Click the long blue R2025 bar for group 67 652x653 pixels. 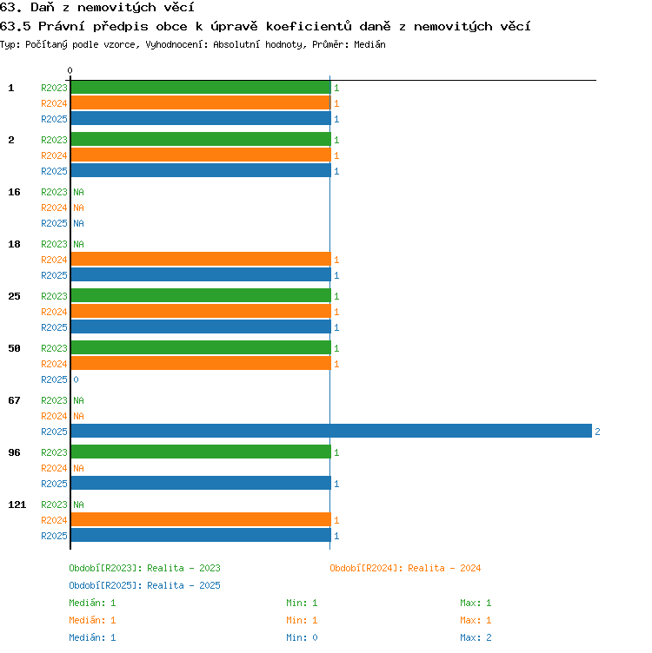tap(331, 431)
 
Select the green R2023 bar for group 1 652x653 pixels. tap(201, 87)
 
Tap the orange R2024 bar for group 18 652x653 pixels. tap(201, 259)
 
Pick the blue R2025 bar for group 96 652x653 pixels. tap(201, 483)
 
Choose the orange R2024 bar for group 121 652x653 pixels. tap(201, 519)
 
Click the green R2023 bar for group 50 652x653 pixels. tap(201, 347)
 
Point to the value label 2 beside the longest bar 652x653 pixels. tap(597, 432)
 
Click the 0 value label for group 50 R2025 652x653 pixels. tap(76, 379)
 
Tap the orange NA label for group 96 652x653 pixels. tap(78, 468)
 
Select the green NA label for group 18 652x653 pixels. tap(78, 244)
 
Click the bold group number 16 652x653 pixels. tap(14, 192)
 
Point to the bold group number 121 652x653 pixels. tap(17, 505)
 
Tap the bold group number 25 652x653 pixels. tap(14, 296)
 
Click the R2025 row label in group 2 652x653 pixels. tap(54, 171)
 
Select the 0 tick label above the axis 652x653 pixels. tap(70, 70)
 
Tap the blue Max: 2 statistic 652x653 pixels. tap(476, 637)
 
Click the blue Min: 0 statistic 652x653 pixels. tap(302, 637)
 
